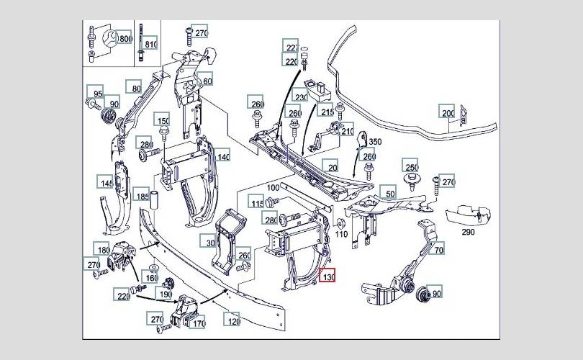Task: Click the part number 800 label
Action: (125, 37)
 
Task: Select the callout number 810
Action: (150, 44)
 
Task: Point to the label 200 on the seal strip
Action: (448, 112)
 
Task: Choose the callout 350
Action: (375, 143)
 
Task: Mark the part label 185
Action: (143, 194)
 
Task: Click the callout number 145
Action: (107, 183)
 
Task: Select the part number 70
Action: (438, 251)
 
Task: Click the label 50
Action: (390, 193)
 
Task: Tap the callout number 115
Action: (257, 204)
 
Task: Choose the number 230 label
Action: (300, 97)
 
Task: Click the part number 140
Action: (224, 156)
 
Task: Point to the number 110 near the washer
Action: (341, 234)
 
